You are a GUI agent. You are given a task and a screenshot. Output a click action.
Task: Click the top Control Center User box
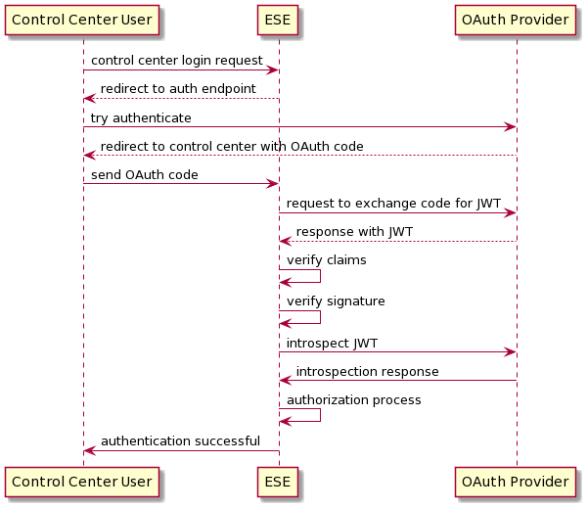[x=83, y=20]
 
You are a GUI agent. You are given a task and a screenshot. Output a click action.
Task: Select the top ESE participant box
[x=279, y=20]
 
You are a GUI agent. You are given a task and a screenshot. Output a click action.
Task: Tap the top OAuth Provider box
[x=516, y=20]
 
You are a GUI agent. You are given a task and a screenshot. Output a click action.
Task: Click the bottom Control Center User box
[x=83, y=482]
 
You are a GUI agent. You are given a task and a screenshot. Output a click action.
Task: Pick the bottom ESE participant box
[x=279, y=482]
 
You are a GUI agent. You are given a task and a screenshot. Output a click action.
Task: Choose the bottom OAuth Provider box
[x=516, y=482]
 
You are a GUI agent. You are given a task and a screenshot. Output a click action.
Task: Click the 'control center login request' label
[x=177, y=61]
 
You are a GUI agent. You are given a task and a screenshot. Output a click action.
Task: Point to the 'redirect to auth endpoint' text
[x=178, y=89]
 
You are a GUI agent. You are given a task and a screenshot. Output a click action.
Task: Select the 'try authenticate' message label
[x=141, y=117]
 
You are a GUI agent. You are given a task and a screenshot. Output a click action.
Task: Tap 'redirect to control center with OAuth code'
[x=232, y=146]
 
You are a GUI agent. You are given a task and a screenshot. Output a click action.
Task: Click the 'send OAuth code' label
[x=145, y=174]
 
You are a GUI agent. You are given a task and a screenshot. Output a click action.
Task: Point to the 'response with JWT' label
[x=354, y=231]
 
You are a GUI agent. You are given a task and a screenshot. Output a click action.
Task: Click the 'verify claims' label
[x=327, y=259]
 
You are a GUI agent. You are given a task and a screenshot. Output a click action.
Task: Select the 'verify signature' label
[x=336, y=301]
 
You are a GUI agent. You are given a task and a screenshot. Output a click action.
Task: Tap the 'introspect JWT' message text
[x=333, y=343]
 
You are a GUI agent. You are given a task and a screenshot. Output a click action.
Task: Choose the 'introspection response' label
[x=367, y=371]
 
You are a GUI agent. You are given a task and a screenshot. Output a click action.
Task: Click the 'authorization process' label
[x=354, y=399]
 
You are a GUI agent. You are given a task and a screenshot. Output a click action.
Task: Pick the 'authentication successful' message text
[x=180, y=440]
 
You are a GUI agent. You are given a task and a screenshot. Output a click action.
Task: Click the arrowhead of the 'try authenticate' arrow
[x=510, y=127]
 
